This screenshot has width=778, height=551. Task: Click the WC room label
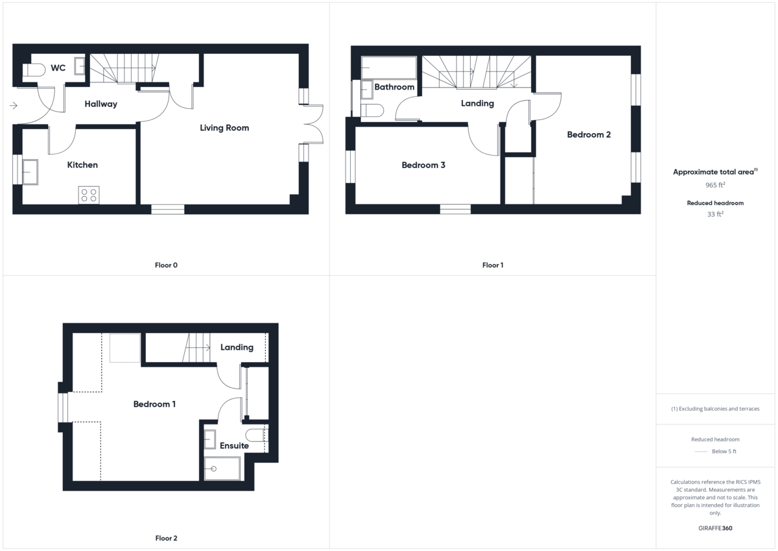point(58,67)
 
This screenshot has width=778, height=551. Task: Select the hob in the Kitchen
point(89,195)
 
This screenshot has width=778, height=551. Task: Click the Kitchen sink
point(30,171)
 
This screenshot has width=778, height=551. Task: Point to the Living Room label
point(224,128)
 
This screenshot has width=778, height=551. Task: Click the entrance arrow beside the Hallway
point(14,105)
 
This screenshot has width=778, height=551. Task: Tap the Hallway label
point(100,104)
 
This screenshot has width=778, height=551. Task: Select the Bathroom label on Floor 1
point(394,87)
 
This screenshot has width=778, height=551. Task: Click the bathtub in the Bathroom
point(388,67)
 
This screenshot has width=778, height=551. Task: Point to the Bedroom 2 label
point(589,135)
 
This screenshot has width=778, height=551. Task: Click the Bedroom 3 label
point(423,165)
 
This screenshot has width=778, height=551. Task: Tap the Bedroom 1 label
point(154,404)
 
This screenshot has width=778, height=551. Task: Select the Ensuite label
point(234,446)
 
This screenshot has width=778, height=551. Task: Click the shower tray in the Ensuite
point(222,468)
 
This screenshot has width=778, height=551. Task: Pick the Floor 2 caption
point(166,538)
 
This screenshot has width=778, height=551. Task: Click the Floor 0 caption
point(167,265)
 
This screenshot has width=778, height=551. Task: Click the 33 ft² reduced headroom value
point(716,214)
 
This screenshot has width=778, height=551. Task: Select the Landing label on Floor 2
point(237,347)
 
